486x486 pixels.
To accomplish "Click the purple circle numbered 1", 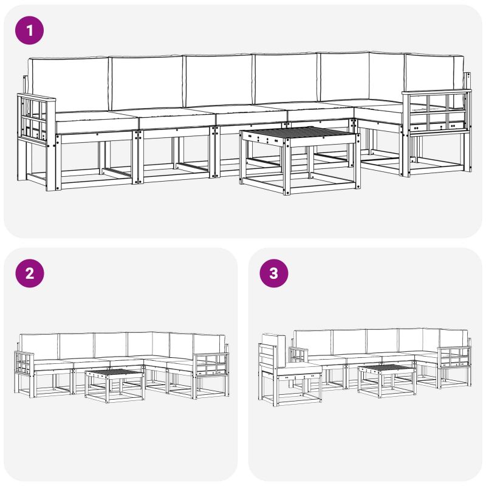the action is pos(29,30).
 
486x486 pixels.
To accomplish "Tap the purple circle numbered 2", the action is pos(29,273).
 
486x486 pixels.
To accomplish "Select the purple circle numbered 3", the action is pos(274,273).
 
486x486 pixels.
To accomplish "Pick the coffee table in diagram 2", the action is pos(114,385).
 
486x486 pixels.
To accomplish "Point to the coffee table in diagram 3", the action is pos(386,381).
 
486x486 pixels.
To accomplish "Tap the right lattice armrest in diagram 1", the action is pos(436,112).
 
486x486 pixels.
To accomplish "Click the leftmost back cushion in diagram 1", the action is pos(68,84).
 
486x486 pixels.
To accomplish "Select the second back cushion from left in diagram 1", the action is pos(147,83).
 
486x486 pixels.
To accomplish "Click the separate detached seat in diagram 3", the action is pos(289,370).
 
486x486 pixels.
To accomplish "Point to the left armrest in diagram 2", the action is pos(24,362).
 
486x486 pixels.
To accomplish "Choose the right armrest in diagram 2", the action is pos(210,364).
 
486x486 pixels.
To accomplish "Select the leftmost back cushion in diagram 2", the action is pos(39,347).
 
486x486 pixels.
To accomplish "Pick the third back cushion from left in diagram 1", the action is pos(219,81).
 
